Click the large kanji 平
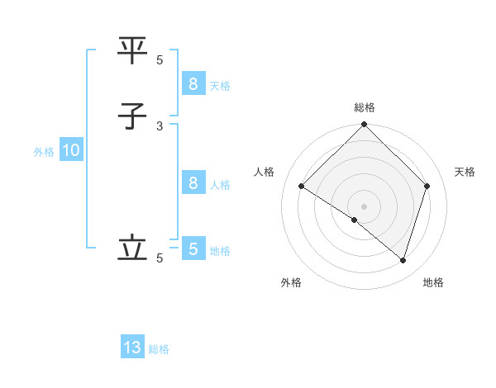point(133,51)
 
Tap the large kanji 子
point(133,116)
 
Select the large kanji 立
point(133,248)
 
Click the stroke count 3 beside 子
point(160,125)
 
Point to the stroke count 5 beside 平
point(160,59)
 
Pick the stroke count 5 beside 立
point(160,258)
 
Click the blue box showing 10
point(70,151)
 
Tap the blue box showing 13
point(132,348)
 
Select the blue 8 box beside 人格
point(193,183)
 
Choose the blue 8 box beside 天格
point(193,84)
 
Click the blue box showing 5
point(193,249)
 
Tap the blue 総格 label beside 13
point(159,349)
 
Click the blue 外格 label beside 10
point(44,152)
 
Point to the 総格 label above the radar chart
point(365,107)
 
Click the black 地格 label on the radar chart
point(433,282)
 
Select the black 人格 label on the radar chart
point(265,172)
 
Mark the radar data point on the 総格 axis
point(365,125)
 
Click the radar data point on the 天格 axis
point(427,186)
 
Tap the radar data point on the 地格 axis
point(403,260)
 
